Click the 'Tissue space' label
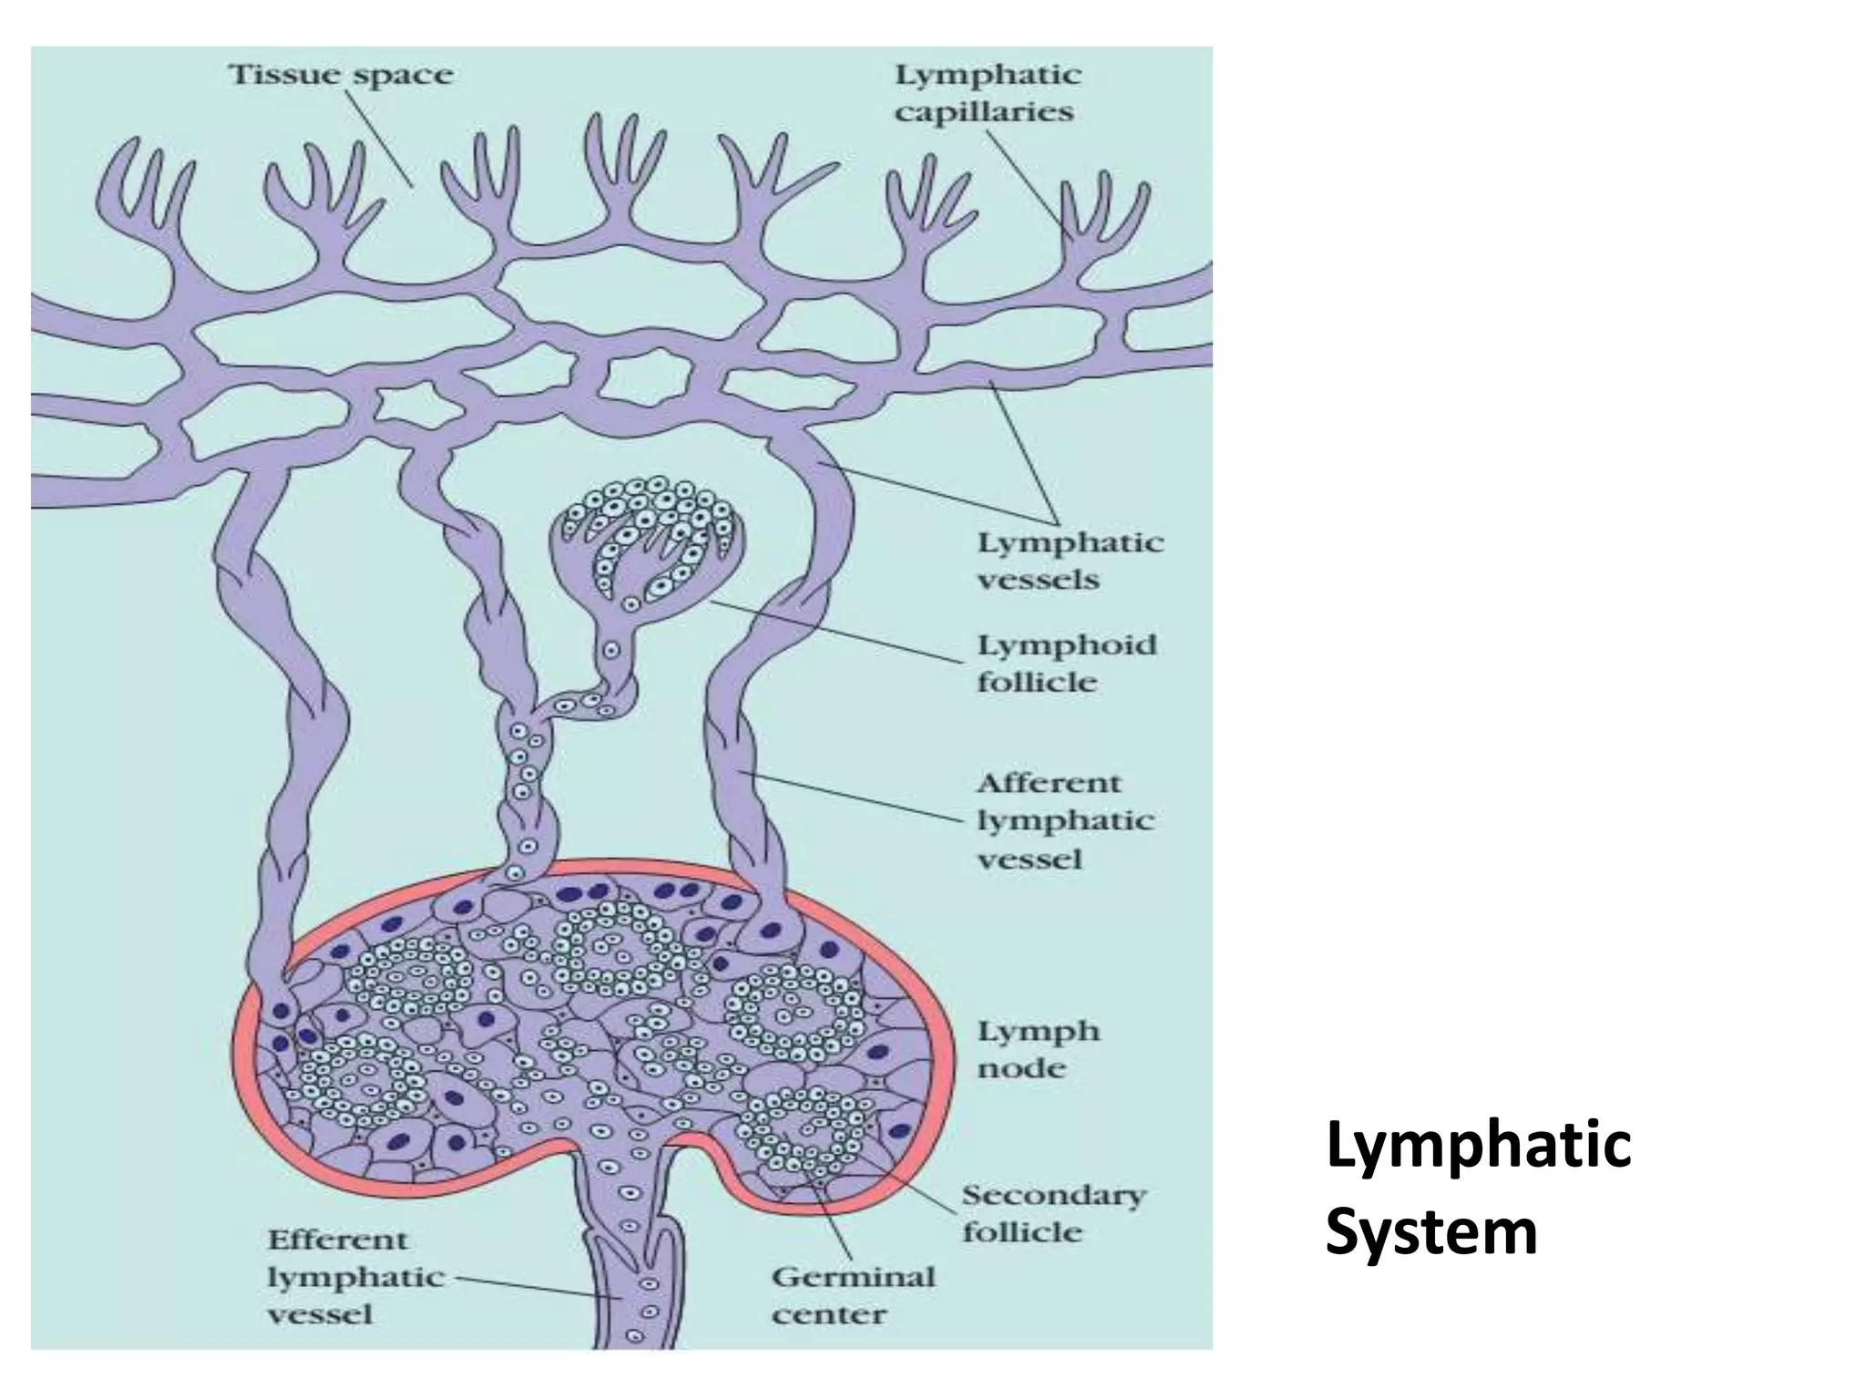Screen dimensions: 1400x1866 pos(340,75)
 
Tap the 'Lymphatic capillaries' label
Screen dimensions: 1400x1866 pos(987,93)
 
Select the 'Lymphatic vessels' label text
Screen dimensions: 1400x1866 pos(1070,561)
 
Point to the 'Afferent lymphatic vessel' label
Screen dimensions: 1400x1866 pos(1064,820)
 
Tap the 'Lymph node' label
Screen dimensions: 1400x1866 pos(1038,1050)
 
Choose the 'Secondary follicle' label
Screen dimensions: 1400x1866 pos(1053,1213)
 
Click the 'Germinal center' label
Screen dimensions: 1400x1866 pos(853,1295)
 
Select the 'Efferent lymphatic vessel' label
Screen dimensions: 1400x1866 pos(354,1277)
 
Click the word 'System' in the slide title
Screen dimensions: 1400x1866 pos(1430,1231)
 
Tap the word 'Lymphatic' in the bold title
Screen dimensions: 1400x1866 pos(1478,1146)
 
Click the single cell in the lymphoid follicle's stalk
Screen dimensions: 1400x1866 pos(611,651)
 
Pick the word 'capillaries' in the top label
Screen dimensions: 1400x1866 pos(983,113)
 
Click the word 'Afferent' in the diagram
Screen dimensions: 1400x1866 pos(1048,783)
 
